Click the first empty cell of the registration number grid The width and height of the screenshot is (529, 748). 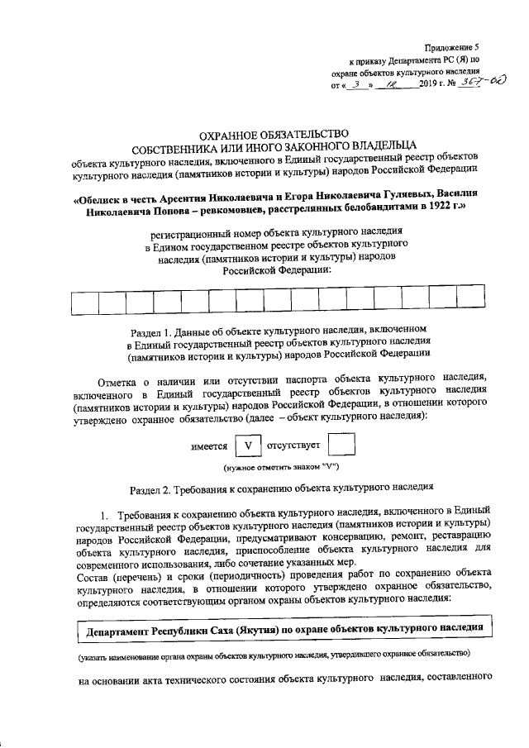(x=85, y=303)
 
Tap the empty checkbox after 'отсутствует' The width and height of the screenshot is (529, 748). (x=341, y=447)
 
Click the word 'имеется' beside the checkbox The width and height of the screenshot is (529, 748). (x=209, y=447)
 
